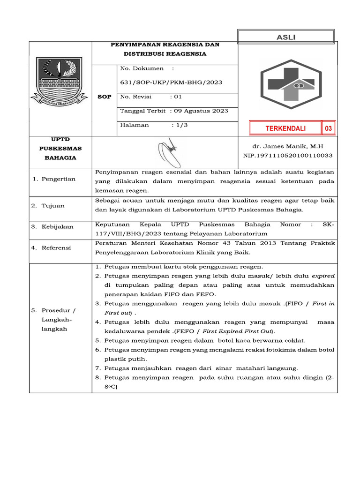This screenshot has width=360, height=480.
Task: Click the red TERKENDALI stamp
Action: pyautogui.click(x=285, y=128)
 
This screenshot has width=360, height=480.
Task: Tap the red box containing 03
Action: pyautogui.click(x=329, y=128)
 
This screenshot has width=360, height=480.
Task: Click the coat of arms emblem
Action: pyautogui.click(x=59, y=79)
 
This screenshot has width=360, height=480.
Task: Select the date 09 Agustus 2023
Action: pyautogui.click(x=201, y=111)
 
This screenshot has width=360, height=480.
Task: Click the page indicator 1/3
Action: pyautogui.click(x=180, y=125)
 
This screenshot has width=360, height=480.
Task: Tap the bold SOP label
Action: pyautogui.click(x=104, y=97)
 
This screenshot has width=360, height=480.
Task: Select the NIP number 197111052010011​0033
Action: pyautogui.click(x=287, y=155)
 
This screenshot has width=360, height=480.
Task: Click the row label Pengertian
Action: pyautogui.click(x=58, y=179)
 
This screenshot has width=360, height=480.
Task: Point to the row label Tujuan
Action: pyautogui.click(x=53, y=206)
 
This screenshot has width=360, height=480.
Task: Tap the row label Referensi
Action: pyautogui.click(x=56, y=247)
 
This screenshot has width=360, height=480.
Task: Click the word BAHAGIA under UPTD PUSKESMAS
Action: pyautogui.click(x=60, y=158)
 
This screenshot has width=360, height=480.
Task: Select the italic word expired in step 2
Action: pyautogui.click(x=323, y=276)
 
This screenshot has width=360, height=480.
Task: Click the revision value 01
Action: pyautogui.click(x=178, y=97)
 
